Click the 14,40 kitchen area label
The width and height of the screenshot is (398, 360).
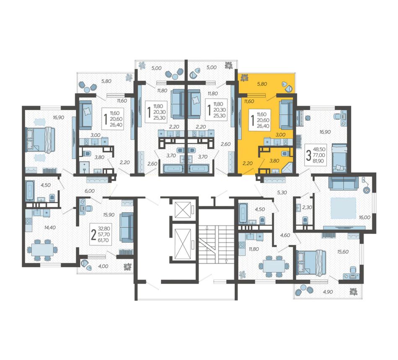point(50,228)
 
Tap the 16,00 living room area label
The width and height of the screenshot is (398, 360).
point(364,218)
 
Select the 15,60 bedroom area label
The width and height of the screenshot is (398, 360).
point(343,251)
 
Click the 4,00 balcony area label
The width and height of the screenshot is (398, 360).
point(103,266)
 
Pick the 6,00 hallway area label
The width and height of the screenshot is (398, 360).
point(90,191)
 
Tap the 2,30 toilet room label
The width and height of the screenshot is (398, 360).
point(307,207)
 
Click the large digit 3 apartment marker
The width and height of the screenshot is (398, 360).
point(309,155)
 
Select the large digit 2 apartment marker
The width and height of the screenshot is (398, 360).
point(94,235)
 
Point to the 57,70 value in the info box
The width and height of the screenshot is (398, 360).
point(104,235)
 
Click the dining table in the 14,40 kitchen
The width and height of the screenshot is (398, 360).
point(42,250)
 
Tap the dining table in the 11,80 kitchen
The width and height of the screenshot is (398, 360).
point(274,266)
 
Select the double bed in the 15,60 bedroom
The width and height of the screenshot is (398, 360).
point(311,263)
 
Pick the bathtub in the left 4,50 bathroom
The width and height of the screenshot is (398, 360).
point(30,190)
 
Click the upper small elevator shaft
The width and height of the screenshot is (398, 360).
point(183,210)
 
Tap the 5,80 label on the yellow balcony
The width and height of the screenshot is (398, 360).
point(262,84)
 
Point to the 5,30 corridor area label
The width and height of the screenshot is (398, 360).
point(282,192)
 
